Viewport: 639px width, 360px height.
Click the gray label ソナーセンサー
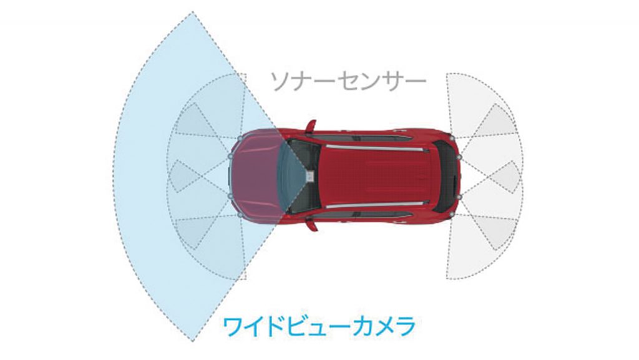348,82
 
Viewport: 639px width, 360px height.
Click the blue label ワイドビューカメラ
319,326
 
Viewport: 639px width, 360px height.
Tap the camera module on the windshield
311,176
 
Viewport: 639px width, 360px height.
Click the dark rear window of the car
446,176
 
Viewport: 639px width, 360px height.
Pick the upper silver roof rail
379,147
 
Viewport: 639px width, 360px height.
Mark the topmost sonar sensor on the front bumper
240,138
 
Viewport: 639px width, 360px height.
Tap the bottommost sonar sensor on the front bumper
240,214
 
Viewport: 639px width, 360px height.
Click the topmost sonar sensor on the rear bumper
452,138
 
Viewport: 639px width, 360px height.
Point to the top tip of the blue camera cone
192,12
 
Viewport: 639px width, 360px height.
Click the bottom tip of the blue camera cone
192,341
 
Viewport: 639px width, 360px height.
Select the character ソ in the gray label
281,82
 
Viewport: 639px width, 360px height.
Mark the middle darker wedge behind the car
501,177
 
